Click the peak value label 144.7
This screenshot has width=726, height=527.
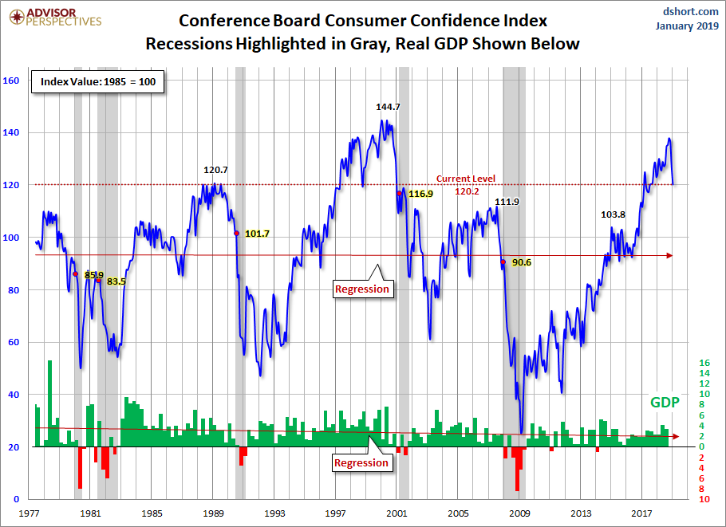pyautogui.click(x=389, y=106)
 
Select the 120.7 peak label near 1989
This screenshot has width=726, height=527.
pyautogui.click(x=215, y=170)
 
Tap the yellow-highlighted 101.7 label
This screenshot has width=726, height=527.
pyautogui.click(x=257, y=234)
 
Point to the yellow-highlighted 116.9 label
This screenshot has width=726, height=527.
pyautogui.click(x=420, y=194)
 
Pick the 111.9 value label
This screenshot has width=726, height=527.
pyautogui.click(x=507, y=202)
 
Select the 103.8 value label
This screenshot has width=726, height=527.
pyautogui.click(x=614, y=214)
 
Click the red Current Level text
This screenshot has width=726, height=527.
pyautogui.click(x=465, y=179)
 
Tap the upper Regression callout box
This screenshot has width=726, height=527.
pyautogui.click(x=362, y=289)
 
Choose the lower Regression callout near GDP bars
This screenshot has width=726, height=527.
pyautogui.click(x=361, y=462)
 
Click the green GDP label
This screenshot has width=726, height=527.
pyautogui.click(x=664, y=403)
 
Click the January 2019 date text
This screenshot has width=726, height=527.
pyautogui.click(x=685, y=26)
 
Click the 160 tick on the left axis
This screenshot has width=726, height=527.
pyautogui.click(x=11, y=80)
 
